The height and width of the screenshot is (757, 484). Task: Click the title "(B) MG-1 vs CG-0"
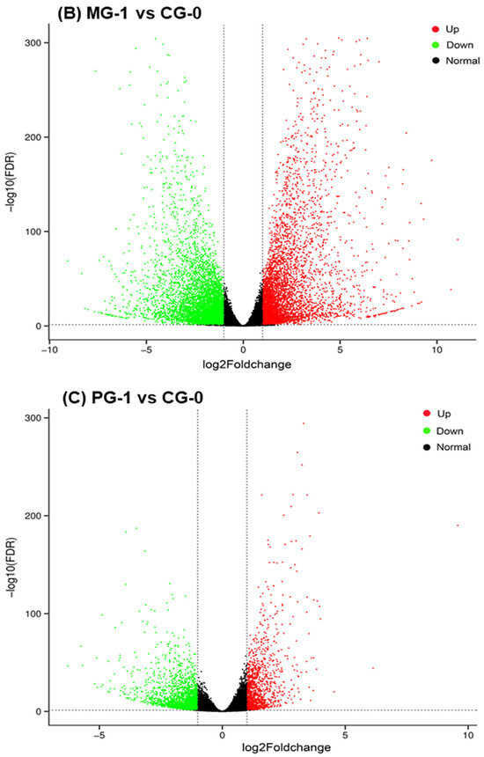(x=128, y=13)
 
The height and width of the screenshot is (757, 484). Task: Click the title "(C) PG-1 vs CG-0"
(x=133, y=397)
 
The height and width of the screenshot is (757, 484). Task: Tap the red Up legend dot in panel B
(x=436, y=29)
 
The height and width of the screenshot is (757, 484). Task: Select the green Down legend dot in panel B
(x=436, y=45)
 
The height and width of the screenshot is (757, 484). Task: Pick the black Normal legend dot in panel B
(x=436, y=61)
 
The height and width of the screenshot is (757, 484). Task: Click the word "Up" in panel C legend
(x=444, y=414)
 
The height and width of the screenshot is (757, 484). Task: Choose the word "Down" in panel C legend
(x=450, y=430)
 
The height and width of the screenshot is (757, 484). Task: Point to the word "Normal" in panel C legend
(x=453, y=447)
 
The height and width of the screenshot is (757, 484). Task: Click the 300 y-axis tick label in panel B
(x=33, y=43)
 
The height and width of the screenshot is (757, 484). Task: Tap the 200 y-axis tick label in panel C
(x=33, y=516)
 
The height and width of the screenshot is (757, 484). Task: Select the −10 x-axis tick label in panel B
(x=49, y=349)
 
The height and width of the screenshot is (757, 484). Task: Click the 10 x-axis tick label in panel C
(x=468, y=735)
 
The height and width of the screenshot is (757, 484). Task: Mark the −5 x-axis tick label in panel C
(x=99, y=735)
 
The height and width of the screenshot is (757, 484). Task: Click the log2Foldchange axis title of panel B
(x=246, y=364)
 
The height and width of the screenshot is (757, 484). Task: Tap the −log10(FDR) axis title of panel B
(x=11, y=183)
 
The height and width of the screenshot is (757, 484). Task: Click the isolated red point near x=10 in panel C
(x=458, y=525)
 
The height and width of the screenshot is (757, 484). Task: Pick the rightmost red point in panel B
(x=458, y=239)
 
